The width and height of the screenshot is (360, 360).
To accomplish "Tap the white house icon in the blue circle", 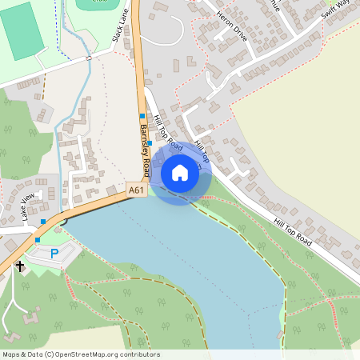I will (180, 173).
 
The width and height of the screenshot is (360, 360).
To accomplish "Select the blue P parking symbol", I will (54, 254).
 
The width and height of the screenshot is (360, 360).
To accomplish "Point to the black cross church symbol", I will (20, 266).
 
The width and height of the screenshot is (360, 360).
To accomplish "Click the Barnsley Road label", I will (145, 150).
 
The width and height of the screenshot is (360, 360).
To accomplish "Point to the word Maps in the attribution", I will (11, 354).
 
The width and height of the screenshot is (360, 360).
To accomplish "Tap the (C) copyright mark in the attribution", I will (49, 354).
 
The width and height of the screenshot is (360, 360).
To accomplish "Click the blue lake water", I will (184, 256).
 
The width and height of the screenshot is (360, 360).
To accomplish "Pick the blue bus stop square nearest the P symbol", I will (38, 239).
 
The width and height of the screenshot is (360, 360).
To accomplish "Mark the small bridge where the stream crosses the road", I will (90, 58).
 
